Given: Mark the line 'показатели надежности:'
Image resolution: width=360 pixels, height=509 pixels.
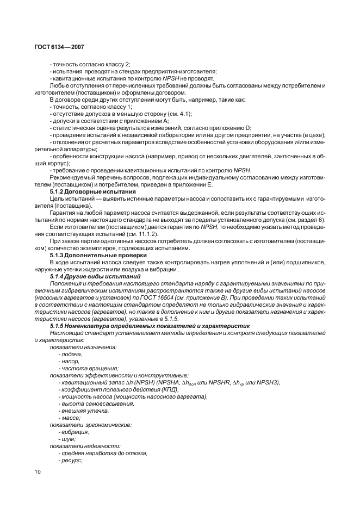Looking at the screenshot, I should click(x=81, y=446).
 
